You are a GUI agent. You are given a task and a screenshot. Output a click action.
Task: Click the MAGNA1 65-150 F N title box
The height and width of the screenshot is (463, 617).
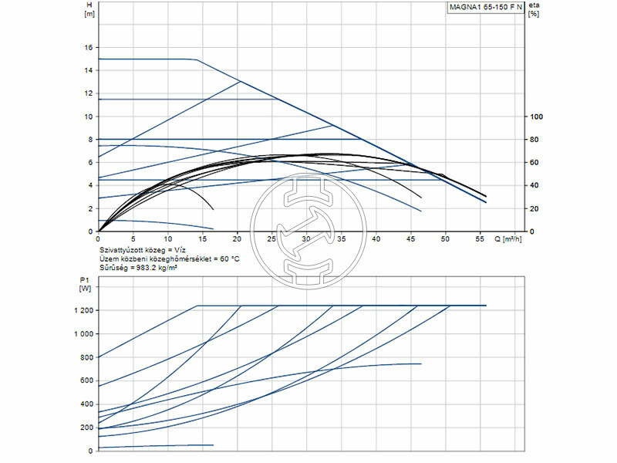tap(485, 8)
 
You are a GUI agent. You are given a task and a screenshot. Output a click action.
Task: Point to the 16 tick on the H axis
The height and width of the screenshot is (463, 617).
tap(89, 47)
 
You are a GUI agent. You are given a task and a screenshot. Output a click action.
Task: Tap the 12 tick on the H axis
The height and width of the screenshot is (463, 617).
tap(89, 93)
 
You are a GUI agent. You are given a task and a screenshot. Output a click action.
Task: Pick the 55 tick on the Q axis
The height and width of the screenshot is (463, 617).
tap(480, 239)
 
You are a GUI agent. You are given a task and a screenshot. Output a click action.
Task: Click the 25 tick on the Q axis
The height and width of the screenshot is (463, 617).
tap(271, 239)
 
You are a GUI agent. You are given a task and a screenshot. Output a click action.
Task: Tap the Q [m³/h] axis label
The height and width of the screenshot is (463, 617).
tap(511, 239)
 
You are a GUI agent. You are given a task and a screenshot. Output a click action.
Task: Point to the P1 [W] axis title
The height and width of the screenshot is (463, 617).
tap(85, 283)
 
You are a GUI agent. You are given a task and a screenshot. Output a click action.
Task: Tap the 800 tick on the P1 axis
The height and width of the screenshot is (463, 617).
tap(86, 357)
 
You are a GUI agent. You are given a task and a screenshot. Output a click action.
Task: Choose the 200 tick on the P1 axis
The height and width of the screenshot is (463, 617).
tap(86, 427)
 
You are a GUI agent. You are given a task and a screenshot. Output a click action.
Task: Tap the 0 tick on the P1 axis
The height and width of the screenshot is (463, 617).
tap(90, 450)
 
